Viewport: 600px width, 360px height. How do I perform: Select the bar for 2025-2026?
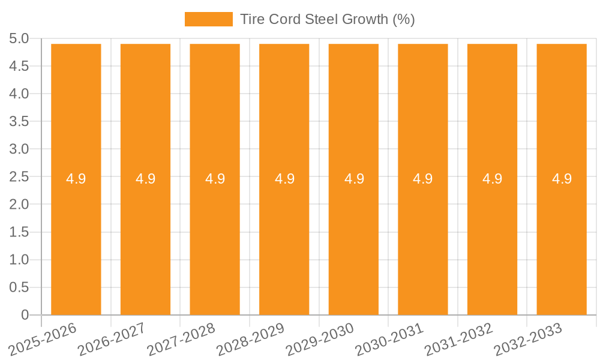pyautogui.click(x=76, y=240)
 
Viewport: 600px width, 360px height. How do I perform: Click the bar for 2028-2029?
pyautogui.click(x=284, y=240)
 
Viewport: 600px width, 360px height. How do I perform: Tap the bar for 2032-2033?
pyautogui.click(x=562, y=240)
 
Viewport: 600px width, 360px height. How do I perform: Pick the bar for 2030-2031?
pyautogui.click(x=423, y=240)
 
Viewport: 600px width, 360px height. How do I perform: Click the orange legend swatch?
pyautogui.click(x=208, y=19)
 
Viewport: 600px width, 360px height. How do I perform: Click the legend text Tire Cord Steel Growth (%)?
pyautogui.click(x=327, y=19)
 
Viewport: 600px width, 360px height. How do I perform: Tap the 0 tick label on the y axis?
pyautogui.click(x=25, y=315)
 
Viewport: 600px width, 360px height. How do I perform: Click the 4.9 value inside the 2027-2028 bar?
pyautogui.click(x=215, y=179)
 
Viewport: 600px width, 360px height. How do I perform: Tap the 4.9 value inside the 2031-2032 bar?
pyautogui.click(x=492, y=179)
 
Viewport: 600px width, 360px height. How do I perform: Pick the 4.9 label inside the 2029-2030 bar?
pyautogui.click(x=353, y=179)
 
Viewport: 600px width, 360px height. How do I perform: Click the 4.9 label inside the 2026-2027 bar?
pyautogui.click(x=145, y=179)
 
